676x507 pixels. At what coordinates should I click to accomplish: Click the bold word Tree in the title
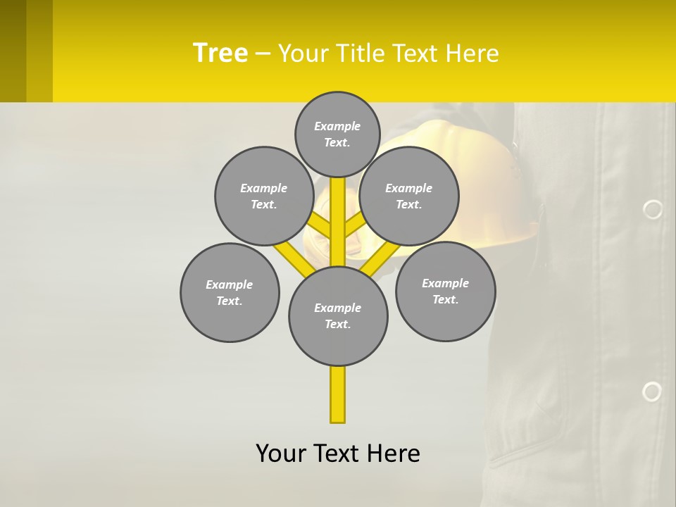[x=220, y=53]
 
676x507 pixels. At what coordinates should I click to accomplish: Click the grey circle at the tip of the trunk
[x=337, y=134]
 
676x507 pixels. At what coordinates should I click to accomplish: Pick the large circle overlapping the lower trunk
[x=338, y=316]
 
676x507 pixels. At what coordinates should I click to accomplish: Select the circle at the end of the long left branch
[x=230, y=293]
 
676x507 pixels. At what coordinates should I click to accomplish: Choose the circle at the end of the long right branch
[x=445, y=292]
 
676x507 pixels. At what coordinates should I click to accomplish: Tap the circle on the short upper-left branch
[x=263, y=196]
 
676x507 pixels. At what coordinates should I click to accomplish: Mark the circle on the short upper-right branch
[x=409, y=196]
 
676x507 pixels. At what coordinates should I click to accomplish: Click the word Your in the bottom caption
[x=280, y=453]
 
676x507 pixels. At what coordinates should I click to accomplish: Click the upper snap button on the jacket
[x=653, y=209]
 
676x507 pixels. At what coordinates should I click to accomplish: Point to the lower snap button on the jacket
[x=652, y=392]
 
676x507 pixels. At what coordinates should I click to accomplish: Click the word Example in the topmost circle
[x=337, y=127]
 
